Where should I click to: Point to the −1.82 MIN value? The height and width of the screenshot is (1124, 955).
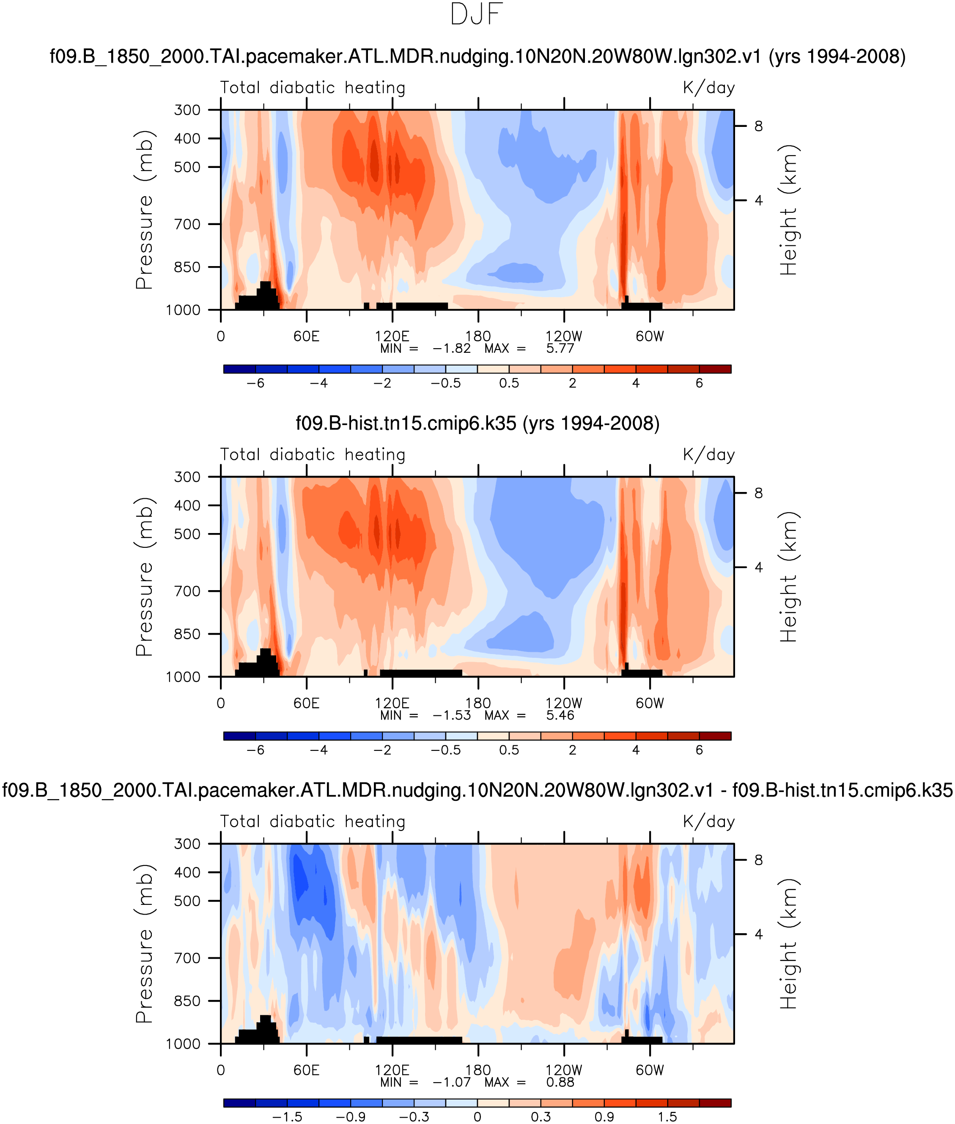452,349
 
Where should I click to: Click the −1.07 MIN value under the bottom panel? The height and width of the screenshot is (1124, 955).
452,1082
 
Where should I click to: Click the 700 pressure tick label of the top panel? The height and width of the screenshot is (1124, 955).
187,224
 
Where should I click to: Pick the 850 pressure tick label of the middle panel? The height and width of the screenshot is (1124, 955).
187,634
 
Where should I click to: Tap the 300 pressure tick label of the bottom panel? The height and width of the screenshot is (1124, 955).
187,844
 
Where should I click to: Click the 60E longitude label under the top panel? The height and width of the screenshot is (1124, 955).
307,336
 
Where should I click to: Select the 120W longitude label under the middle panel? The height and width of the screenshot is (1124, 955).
564,704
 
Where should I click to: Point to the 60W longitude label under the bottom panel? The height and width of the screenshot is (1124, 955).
650,1070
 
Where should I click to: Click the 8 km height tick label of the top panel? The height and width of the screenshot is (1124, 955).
758,126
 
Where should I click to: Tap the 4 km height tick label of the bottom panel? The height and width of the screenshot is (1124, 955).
758,934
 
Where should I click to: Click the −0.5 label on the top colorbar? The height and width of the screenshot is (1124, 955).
445,383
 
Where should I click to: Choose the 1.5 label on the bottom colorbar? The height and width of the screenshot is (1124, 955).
667,1117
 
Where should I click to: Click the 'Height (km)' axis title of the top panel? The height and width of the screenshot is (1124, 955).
789,210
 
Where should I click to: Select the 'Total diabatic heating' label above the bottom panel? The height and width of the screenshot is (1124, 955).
313,822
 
